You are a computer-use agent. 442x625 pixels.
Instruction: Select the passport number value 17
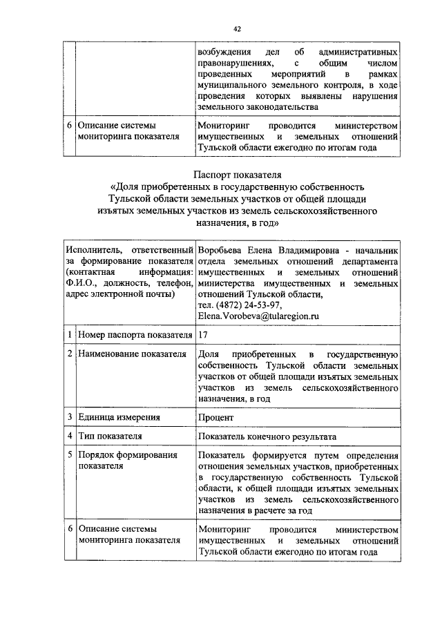(x=202, y=335)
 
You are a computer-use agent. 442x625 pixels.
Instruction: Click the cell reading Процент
(x=215, y=417)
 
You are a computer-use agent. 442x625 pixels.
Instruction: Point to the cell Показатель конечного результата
(x=267, y=436)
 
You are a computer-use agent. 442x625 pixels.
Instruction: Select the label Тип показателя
(x=110, y=436)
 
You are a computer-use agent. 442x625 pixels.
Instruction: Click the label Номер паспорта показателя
(x=135, y=335)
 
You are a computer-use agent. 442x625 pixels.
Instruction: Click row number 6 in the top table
(x=69, y=126)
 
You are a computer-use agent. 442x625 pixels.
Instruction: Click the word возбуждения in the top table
(x=222, y=52)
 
